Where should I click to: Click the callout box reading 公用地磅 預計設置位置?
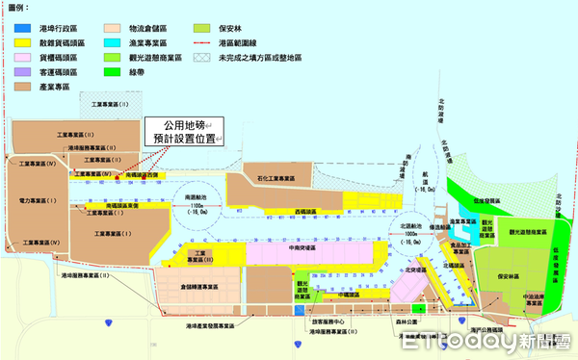point(182,132)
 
